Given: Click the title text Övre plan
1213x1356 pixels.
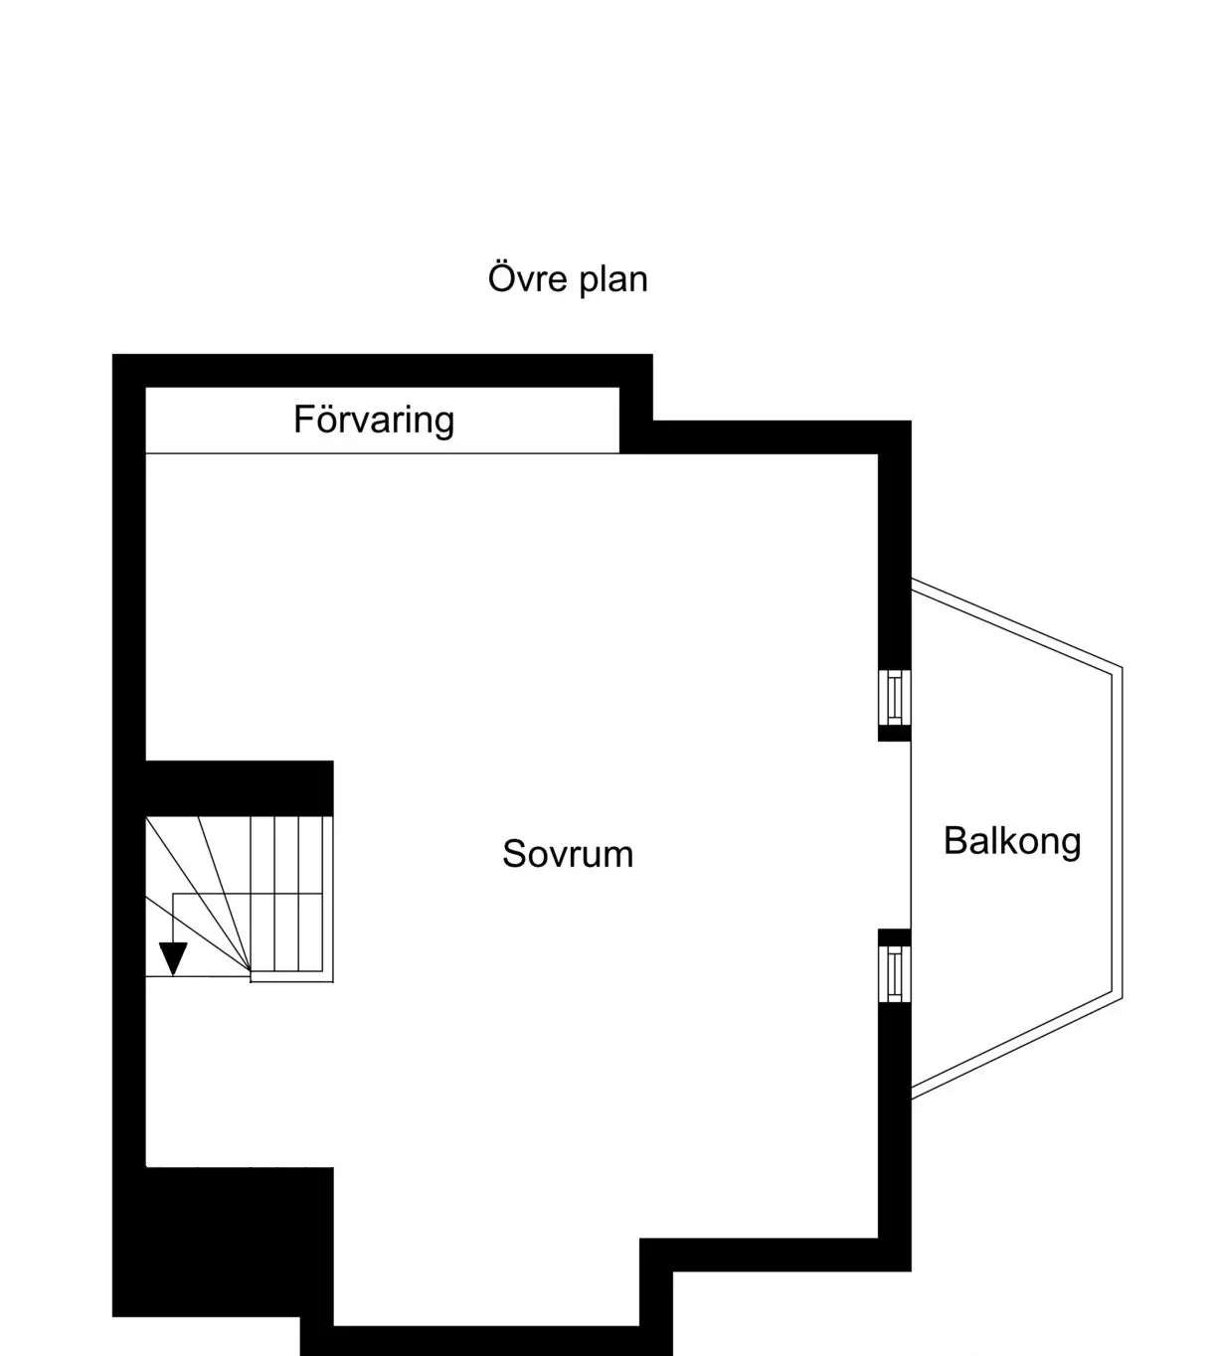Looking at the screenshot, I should pyautogui.click(x=567, y=278).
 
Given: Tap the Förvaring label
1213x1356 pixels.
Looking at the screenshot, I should pyautogui.click(x=374, y=421).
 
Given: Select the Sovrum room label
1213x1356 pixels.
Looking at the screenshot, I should pyautogui.click(x=567, y=854).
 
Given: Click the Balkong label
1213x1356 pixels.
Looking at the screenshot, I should pyautogui.click(x=1012, y=841).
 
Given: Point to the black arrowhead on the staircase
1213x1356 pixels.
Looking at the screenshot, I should pyautogui.click(x=173, y=958).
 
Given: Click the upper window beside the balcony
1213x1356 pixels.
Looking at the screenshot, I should pyautogui.click(x=895, y=696).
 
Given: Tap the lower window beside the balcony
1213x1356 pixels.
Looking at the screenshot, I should pyautogui.click(x=895, y=973).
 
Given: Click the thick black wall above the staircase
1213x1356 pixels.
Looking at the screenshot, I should pyautogui.click(x=239, y=788).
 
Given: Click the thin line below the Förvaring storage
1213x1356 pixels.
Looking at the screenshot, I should pyautogui.click(x=383, y=453).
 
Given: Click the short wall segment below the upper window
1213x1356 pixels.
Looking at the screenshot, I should pyautogui.click(x=895, y=734).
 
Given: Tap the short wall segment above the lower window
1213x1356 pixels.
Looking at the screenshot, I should pyautogui.click(x=895, y=936).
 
